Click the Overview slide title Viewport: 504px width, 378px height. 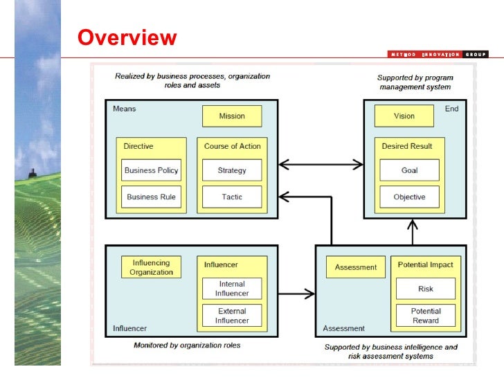coord(127,37)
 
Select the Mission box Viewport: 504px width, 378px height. coord(232,116)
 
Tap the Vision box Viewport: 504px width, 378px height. coord(404,116)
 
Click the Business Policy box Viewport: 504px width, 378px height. coord(151,170)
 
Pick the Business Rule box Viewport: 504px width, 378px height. coord(151,197)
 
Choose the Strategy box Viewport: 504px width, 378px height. coord(232,170)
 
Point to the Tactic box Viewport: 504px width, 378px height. coord(232,197)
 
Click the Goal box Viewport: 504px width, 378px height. coord(409,170)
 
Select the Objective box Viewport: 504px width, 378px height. coord(409,197)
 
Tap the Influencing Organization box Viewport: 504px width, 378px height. coord(151,267)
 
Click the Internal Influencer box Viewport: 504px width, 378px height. coord(232,289)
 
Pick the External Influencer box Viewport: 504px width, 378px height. coord(232,316)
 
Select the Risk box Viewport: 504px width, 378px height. coord(426,289)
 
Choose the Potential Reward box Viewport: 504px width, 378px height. coord(426,316)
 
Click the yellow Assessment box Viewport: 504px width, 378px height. coord(356,267)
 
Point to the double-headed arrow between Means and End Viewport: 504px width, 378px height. coord(321,165)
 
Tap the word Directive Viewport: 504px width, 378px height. coord(138,146)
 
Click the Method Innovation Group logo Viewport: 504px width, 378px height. coord(437,55)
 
